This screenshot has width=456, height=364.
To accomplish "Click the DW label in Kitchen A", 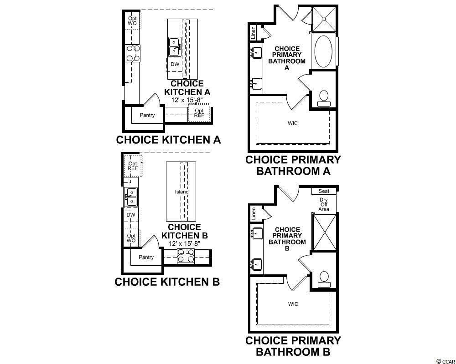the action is click(x=175, y=64).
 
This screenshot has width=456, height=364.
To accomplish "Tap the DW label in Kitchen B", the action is click(x=131, y=215).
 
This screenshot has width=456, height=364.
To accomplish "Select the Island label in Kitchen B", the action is click(x=182, y=192).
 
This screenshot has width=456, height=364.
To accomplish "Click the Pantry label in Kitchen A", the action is click(x=147, y=115).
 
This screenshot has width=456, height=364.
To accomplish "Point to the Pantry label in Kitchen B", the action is click(x=146, y=257).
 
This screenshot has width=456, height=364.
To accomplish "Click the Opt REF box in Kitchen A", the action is click(x=199, y=113).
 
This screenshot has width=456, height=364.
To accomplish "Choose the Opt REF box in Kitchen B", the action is click(x=133, y=166).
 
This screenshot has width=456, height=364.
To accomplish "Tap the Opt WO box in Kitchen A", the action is click(x=132, y=20).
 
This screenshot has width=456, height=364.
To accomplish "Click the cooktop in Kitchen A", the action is click(x=133, y=53).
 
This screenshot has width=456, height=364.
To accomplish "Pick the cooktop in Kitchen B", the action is click(x=186, y=256).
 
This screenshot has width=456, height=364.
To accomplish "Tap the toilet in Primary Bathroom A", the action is click(x=324, y=99).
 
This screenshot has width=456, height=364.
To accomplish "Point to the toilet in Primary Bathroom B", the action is click(x=324, y=279).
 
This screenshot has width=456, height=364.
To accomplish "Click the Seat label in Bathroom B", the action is click(x=324, y=191).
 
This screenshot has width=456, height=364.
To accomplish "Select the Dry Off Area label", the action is click(x=324, y=204).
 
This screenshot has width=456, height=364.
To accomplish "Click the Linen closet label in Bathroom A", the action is click(x=253, y=32).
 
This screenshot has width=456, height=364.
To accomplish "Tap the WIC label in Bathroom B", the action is click(x=293, y=304).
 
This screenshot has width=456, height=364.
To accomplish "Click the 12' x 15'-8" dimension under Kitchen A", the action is click(x=187, y=100).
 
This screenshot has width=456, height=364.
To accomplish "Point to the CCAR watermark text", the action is click(x=446, y=361).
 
